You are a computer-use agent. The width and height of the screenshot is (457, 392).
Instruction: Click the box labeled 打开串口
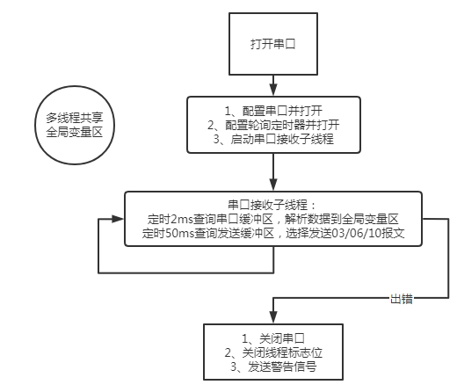275,43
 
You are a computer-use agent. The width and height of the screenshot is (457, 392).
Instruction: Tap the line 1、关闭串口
274,338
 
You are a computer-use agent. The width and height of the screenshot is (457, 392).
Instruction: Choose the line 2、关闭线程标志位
274,351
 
